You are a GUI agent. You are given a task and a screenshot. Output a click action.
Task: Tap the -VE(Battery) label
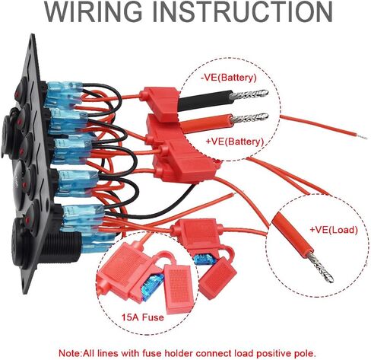coord(229,78)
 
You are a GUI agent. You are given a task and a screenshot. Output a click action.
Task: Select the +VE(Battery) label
coord(235,141)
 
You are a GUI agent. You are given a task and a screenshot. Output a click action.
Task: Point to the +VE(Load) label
coord(334,230)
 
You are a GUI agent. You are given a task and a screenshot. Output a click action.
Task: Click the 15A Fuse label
coord(143,317)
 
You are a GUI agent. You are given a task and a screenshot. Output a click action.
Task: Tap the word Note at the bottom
coord(69,353)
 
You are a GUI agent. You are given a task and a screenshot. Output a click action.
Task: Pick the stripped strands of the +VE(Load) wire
coord(320,267)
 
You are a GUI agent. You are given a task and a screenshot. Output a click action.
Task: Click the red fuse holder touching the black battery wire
coord(160,102)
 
